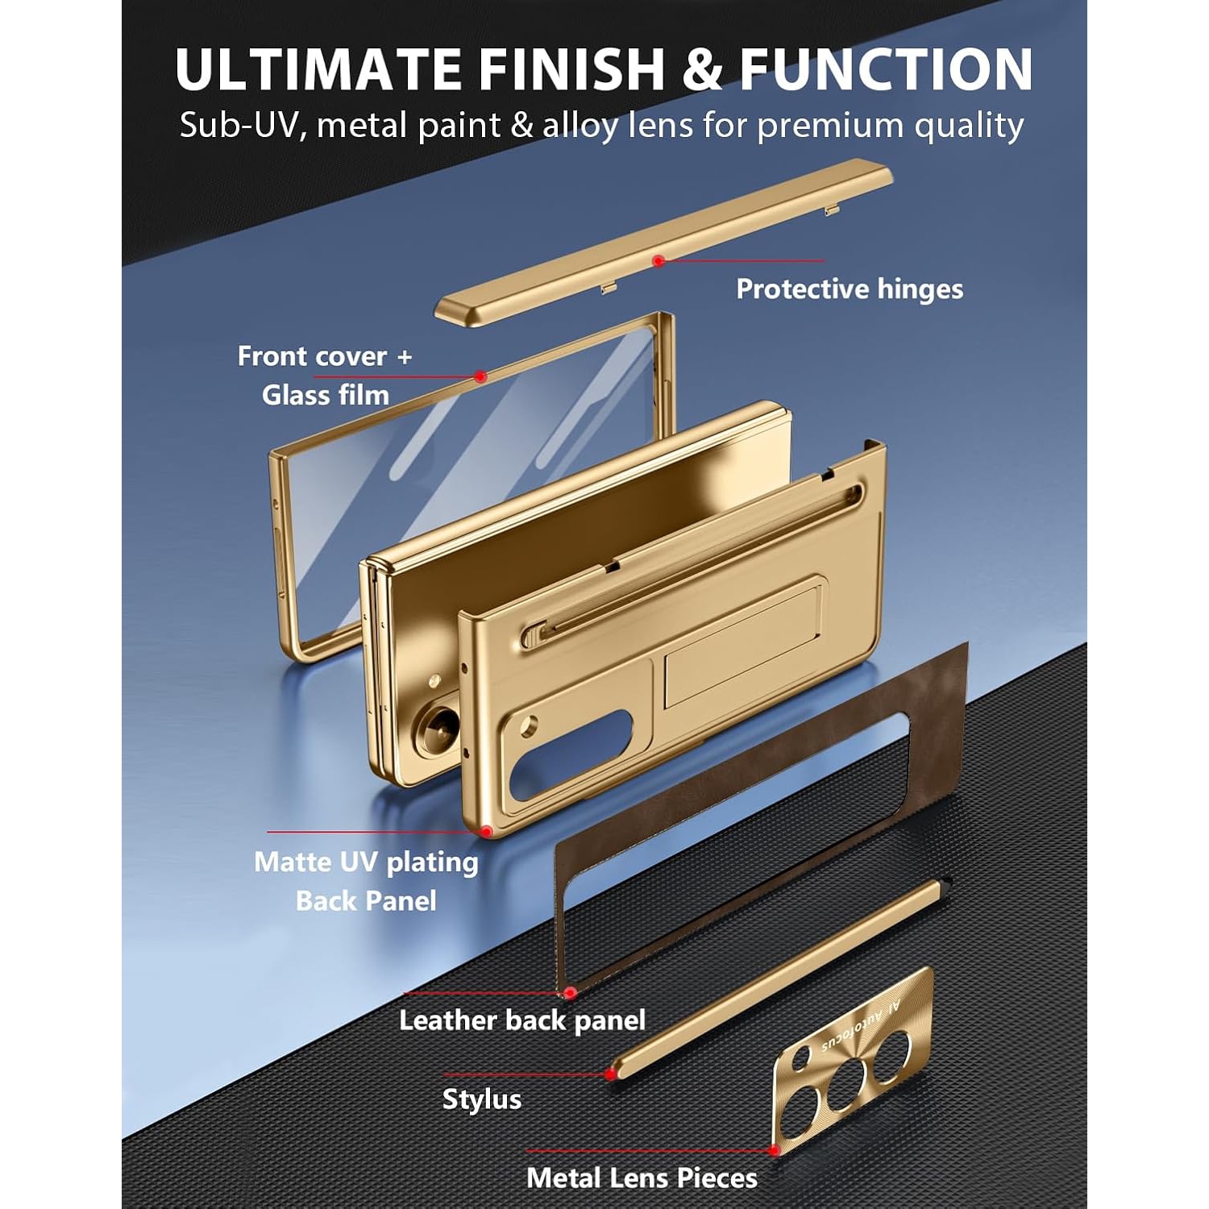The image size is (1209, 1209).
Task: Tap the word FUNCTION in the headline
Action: click(x=886, y=69)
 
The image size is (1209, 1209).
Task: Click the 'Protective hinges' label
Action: click(x=850, y=289)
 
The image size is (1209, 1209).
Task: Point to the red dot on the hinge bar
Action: click(x=659, y=261)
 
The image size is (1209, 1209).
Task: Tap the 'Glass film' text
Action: click(x=326, y=395)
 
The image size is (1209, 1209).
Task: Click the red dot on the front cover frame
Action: click(x=480, y=376)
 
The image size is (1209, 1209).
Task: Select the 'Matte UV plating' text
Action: click(x=366, y=862)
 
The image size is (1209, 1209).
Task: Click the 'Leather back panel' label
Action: click(x=522, y=1020)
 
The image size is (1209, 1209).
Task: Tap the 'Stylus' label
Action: click(x=482, y=1099)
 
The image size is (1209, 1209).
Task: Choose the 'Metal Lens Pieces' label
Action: click(x=642, y=1178)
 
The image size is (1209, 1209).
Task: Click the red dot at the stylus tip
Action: click(x=610, y=1074)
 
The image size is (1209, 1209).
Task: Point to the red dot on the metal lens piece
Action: click(x=775, y=1150)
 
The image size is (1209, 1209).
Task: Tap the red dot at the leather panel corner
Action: click(x=570, y=993)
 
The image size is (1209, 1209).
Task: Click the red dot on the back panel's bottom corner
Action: click(x=486, y=831)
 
